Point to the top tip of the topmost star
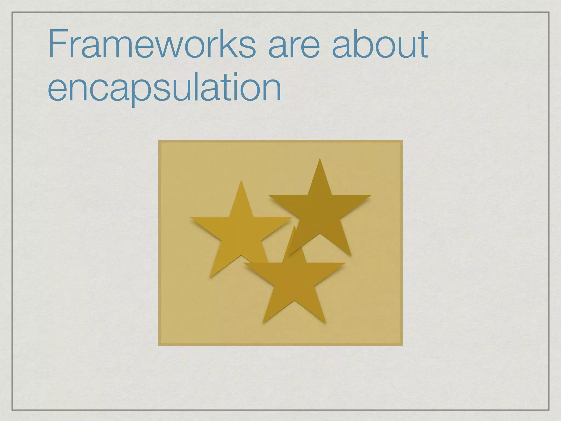point(320,159)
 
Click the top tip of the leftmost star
point(241,181)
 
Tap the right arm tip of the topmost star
point(370,196)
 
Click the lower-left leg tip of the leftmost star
point(210,277)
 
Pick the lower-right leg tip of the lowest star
point(325,322)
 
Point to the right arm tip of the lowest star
point(345,263)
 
